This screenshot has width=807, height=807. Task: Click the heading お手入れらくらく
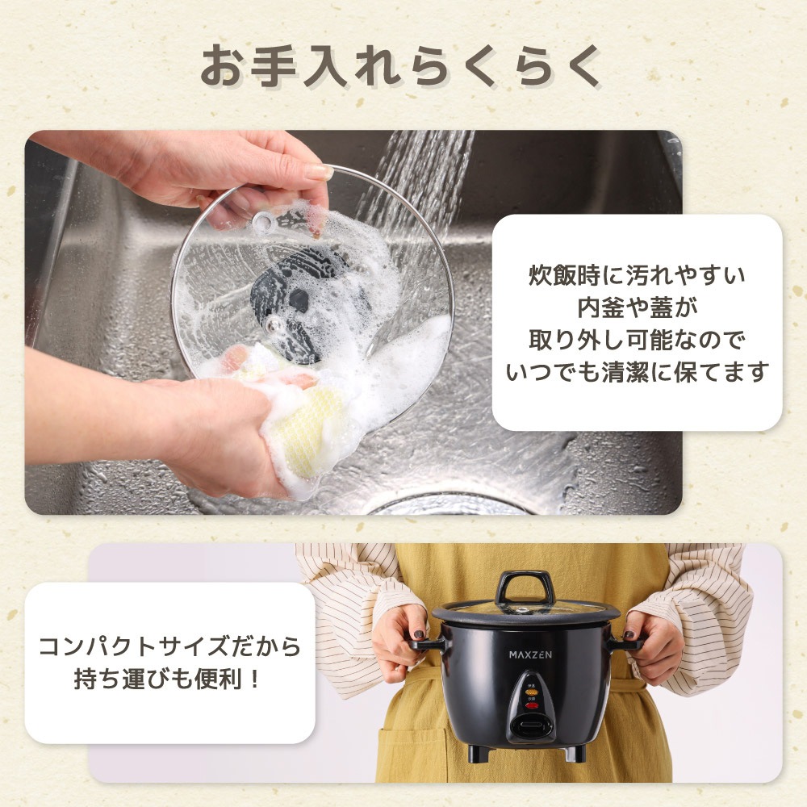(401, 67)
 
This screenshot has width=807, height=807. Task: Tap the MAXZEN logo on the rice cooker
(530, 654)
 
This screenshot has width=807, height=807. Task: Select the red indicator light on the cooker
(531, 706)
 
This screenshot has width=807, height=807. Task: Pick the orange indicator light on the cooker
(531, 693)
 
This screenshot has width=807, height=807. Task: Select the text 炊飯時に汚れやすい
(637, 276)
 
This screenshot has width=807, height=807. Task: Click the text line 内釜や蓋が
(637, 308)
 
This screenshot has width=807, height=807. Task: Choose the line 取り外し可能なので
(637, 341)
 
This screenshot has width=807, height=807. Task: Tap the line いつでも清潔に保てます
(637, 372)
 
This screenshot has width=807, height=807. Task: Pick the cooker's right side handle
(628, 644)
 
